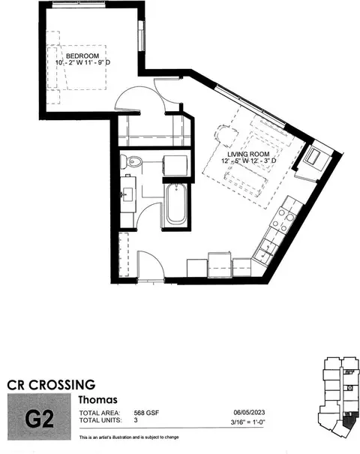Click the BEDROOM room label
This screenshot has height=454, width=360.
(x=82, y=56)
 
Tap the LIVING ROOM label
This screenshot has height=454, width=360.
(x=248, y=155)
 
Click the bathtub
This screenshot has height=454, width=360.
(x=176, y=204)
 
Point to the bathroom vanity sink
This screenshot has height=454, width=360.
(x=127, y=193)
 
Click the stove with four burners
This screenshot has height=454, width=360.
(x=281, y=221)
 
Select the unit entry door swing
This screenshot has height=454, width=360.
(x=151, y=265)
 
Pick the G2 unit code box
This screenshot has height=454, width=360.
(x=39, y=417)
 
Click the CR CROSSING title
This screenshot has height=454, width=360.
(x=51, y=385)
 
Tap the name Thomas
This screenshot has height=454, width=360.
(x=97, y=400)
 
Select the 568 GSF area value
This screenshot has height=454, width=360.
(x=146, y=413)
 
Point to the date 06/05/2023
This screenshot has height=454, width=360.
(x=249, y=412)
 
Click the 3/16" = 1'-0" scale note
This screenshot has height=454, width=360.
(x=248, y=422)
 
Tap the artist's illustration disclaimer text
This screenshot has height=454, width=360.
(x=129, y=437)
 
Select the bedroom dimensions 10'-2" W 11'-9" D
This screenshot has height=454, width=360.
(x=83, y=62)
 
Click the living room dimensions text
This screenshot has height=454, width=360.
(x=249, y=161)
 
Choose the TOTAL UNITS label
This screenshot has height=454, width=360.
(x=100, y=419)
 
